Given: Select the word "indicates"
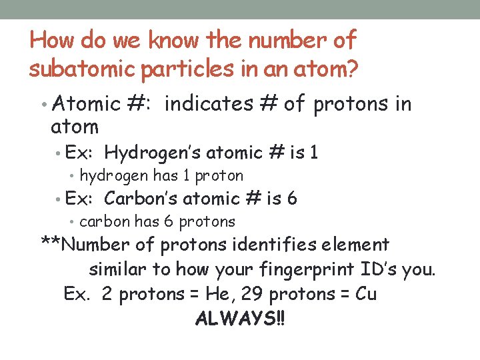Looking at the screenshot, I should [x=208, y=104].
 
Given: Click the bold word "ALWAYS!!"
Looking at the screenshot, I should [x=239, y=318].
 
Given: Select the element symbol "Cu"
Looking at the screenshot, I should [x=366, y=294].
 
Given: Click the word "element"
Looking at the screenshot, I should [x=357, y=245].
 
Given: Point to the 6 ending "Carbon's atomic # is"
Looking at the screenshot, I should [x=292, y=199].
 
